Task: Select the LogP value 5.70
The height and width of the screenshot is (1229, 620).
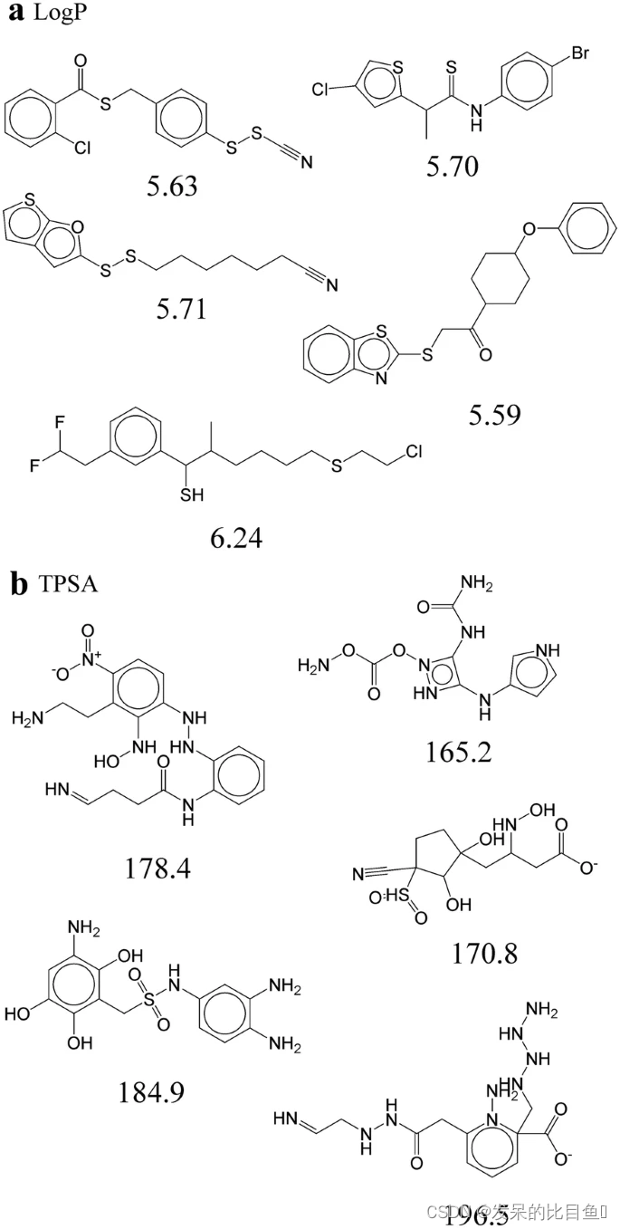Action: [x=453, y=165]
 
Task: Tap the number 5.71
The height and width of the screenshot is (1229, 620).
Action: [x=181, y=309]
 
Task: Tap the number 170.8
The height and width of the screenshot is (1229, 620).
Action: [x=484, y=952]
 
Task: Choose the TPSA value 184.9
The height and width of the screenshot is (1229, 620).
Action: [x=151, y=1092]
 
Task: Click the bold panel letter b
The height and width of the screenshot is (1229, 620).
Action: [x=18, y=584]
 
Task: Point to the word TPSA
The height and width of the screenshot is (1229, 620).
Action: [x=68, y=585]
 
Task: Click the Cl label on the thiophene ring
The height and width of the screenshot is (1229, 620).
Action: [x=322, y=90]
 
